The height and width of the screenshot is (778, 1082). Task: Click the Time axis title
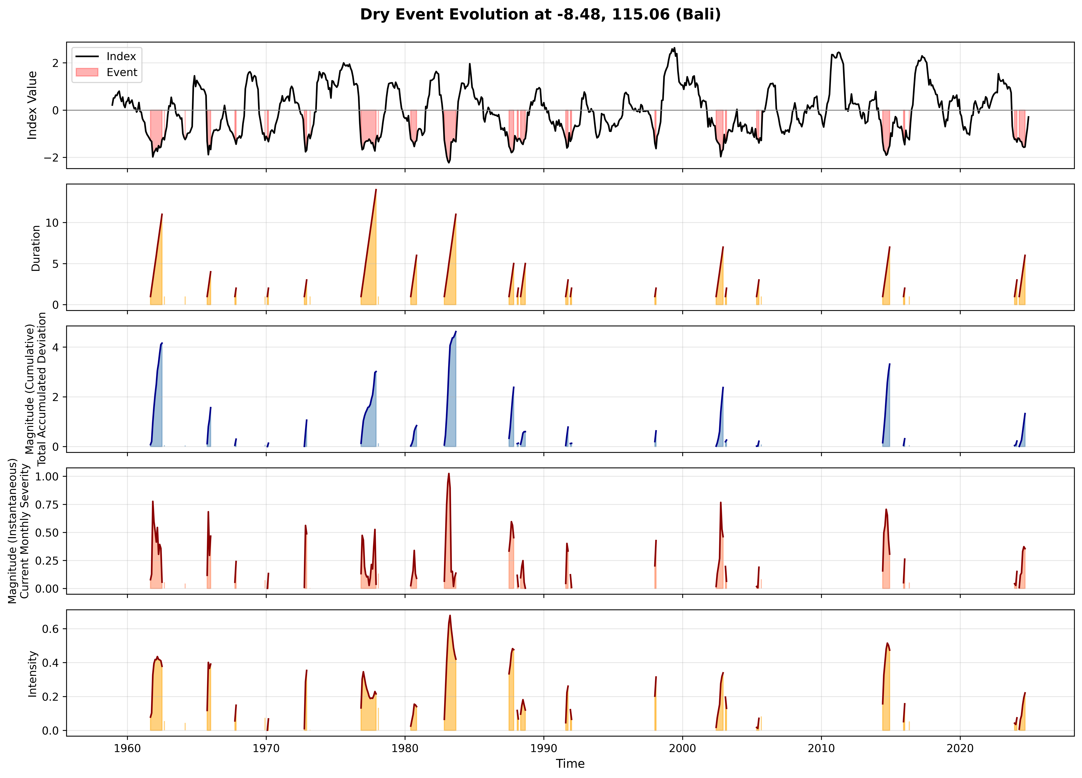(x=570, y=764)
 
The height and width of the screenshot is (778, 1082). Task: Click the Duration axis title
(x=36, y=248)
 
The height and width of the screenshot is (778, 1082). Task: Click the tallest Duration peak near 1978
(x=376, y=190)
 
